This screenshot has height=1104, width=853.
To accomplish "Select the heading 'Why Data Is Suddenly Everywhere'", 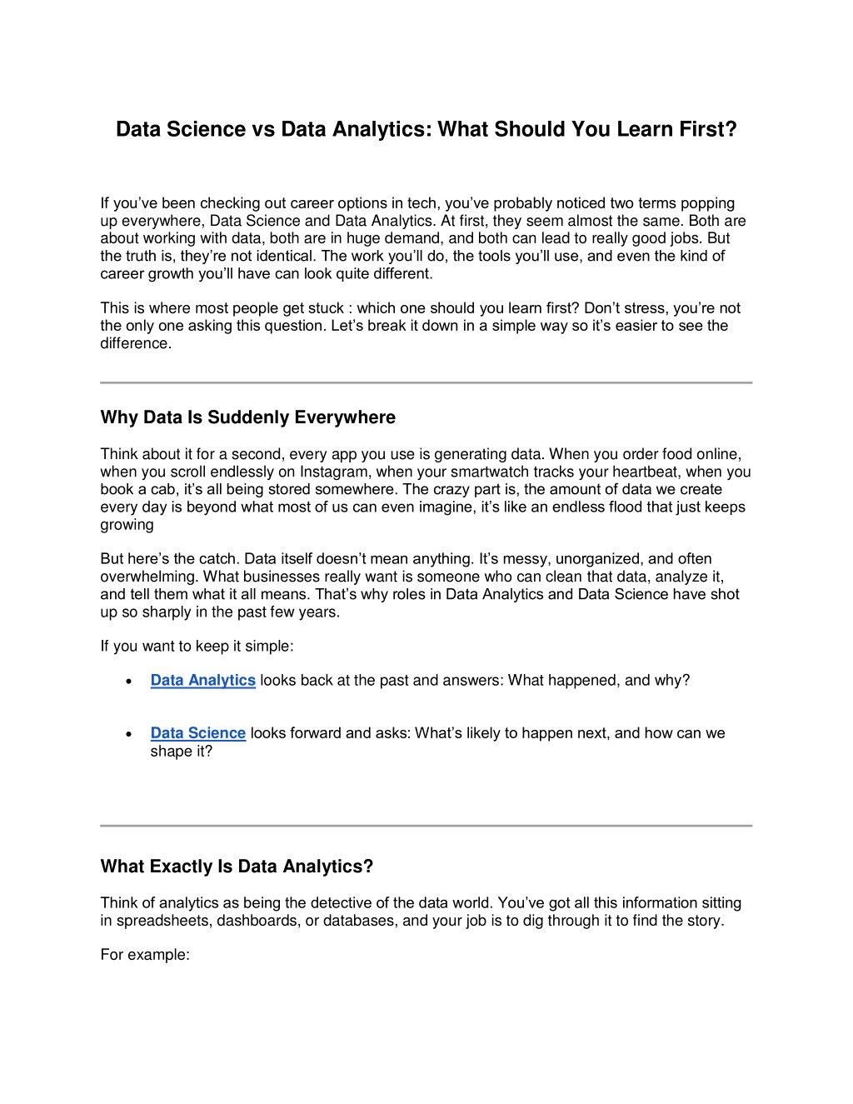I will click(x=247, y=417).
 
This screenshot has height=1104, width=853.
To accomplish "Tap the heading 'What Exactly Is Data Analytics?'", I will click(x=237, y=867).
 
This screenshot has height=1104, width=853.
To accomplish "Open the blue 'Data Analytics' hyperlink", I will click(x=202, y=681).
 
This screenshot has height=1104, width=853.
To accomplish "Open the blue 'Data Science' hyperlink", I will click(x=197, y=733).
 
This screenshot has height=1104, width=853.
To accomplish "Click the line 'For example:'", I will click(x=145, y=955).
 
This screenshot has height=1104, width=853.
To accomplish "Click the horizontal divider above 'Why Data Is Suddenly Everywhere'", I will click(x=426, y=382).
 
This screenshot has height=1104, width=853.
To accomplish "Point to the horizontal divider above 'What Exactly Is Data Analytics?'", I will click(x=426, y=826).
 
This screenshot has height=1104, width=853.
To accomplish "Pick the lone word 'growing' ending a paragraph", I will click(x=127, y=525).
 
